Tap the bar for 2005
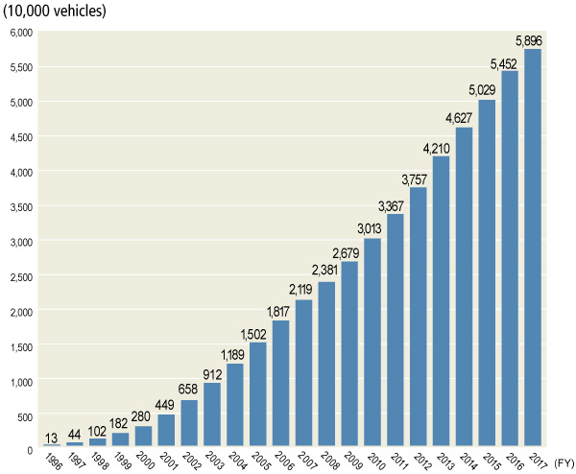click(x=258, y=394)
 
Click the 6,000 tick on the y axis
click(x=20, y=33)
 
